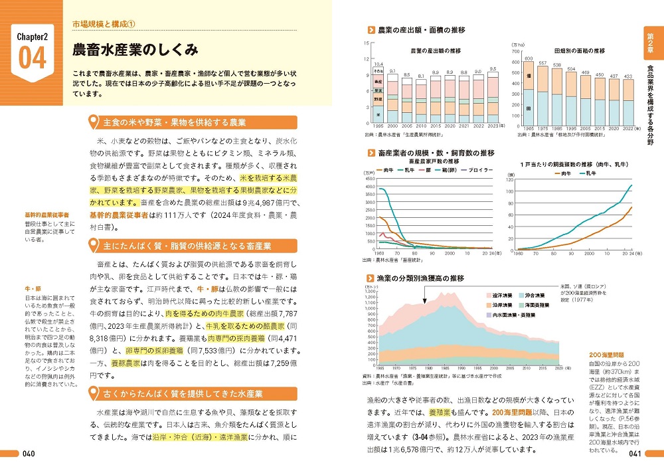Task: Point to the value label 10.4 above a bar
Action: tap(378, 64)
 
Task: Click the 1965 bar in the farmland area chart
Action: tap(529, 94)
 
